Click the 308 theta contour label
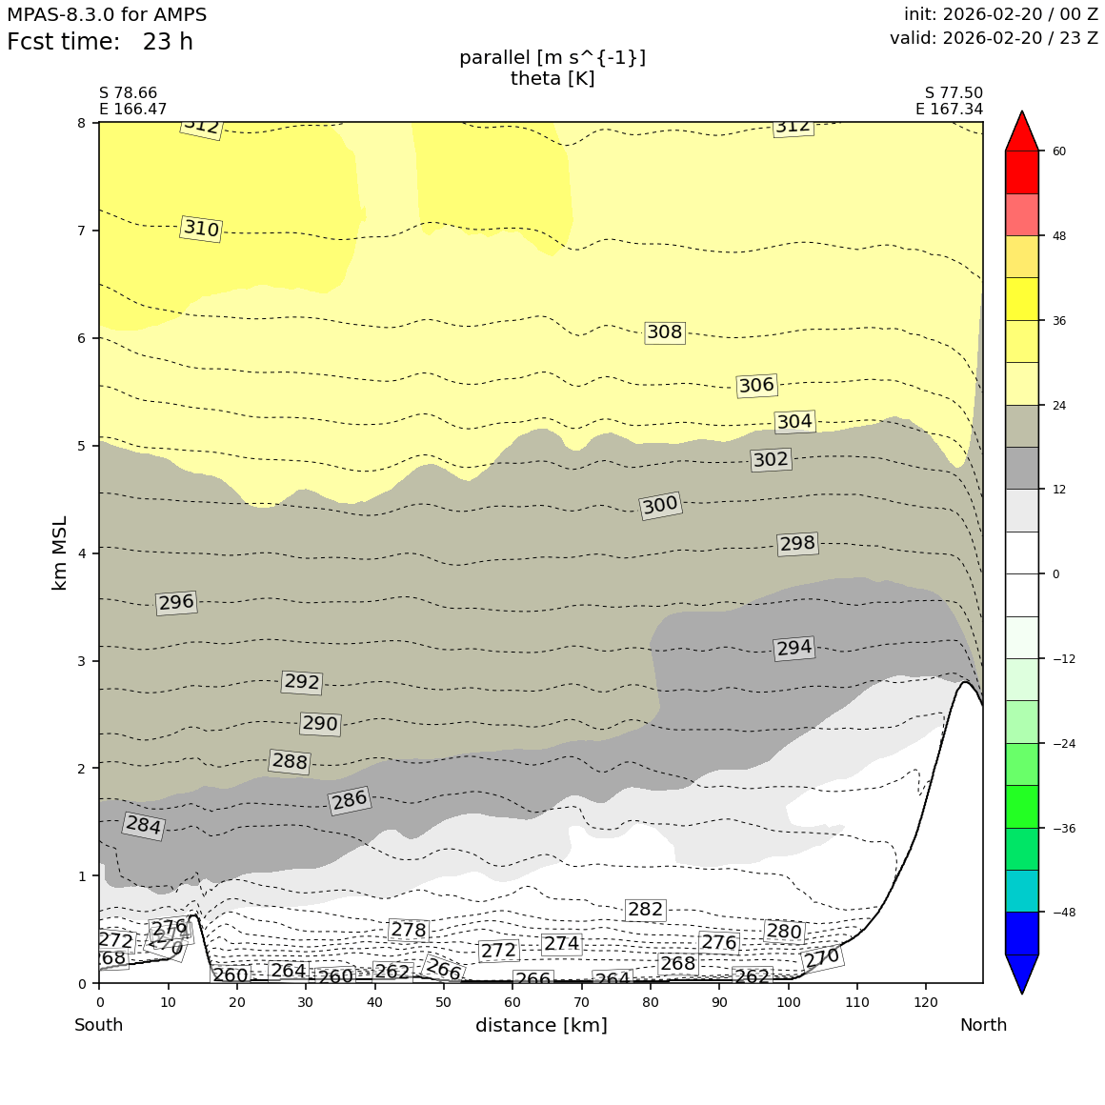[665, 332]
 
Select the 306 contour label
[756, 385]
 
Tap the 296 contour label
[176, 602]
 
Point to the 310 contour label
[201, 229]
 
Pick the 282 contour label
[645, 910]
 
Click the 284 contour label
[144, 826]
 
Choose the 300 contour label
[660, 505]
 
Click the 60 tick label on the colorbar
[1058, 151]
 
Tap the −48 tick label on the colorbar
[1064, 913]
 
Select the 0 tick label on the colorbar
[1055, 574]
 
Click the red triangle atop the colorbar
[1021, 131]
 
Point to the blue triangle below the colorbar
[1021, 973]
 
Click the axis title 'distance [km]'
[541, 1026]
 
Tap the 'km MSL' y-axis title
[60, 552]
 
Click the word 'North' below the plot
[982, 1026]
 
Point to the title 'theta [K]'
[552, 79]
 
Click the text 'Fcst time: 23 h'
[100, 43]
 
